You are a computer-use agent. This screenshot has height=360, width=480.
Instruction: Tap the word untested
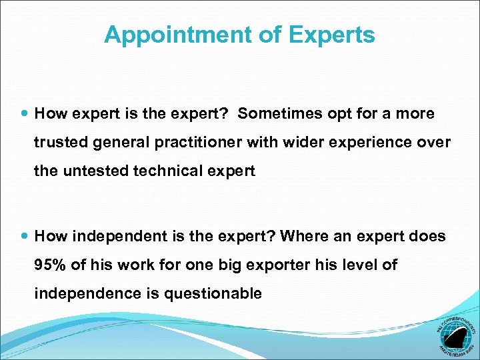tap(95, 171)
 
